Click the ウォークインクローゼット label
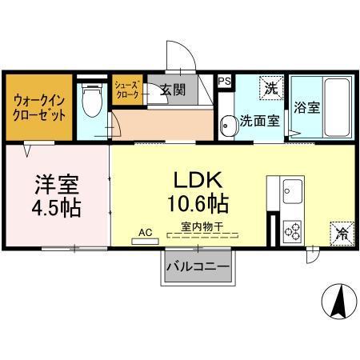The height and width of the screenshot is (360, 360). pos(39,107)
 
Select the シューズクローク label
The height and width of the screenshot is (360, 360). pos(128,89)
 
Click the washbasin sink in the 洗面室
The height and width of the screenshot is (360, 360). pos(228,123)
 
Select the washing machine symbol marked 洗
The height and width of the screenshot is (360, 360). pos(272,87)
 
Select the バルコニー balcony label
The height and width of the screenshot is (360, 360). pos(198,265)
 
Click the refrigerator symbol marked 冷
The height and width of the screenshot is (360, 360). pos(342,234)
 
